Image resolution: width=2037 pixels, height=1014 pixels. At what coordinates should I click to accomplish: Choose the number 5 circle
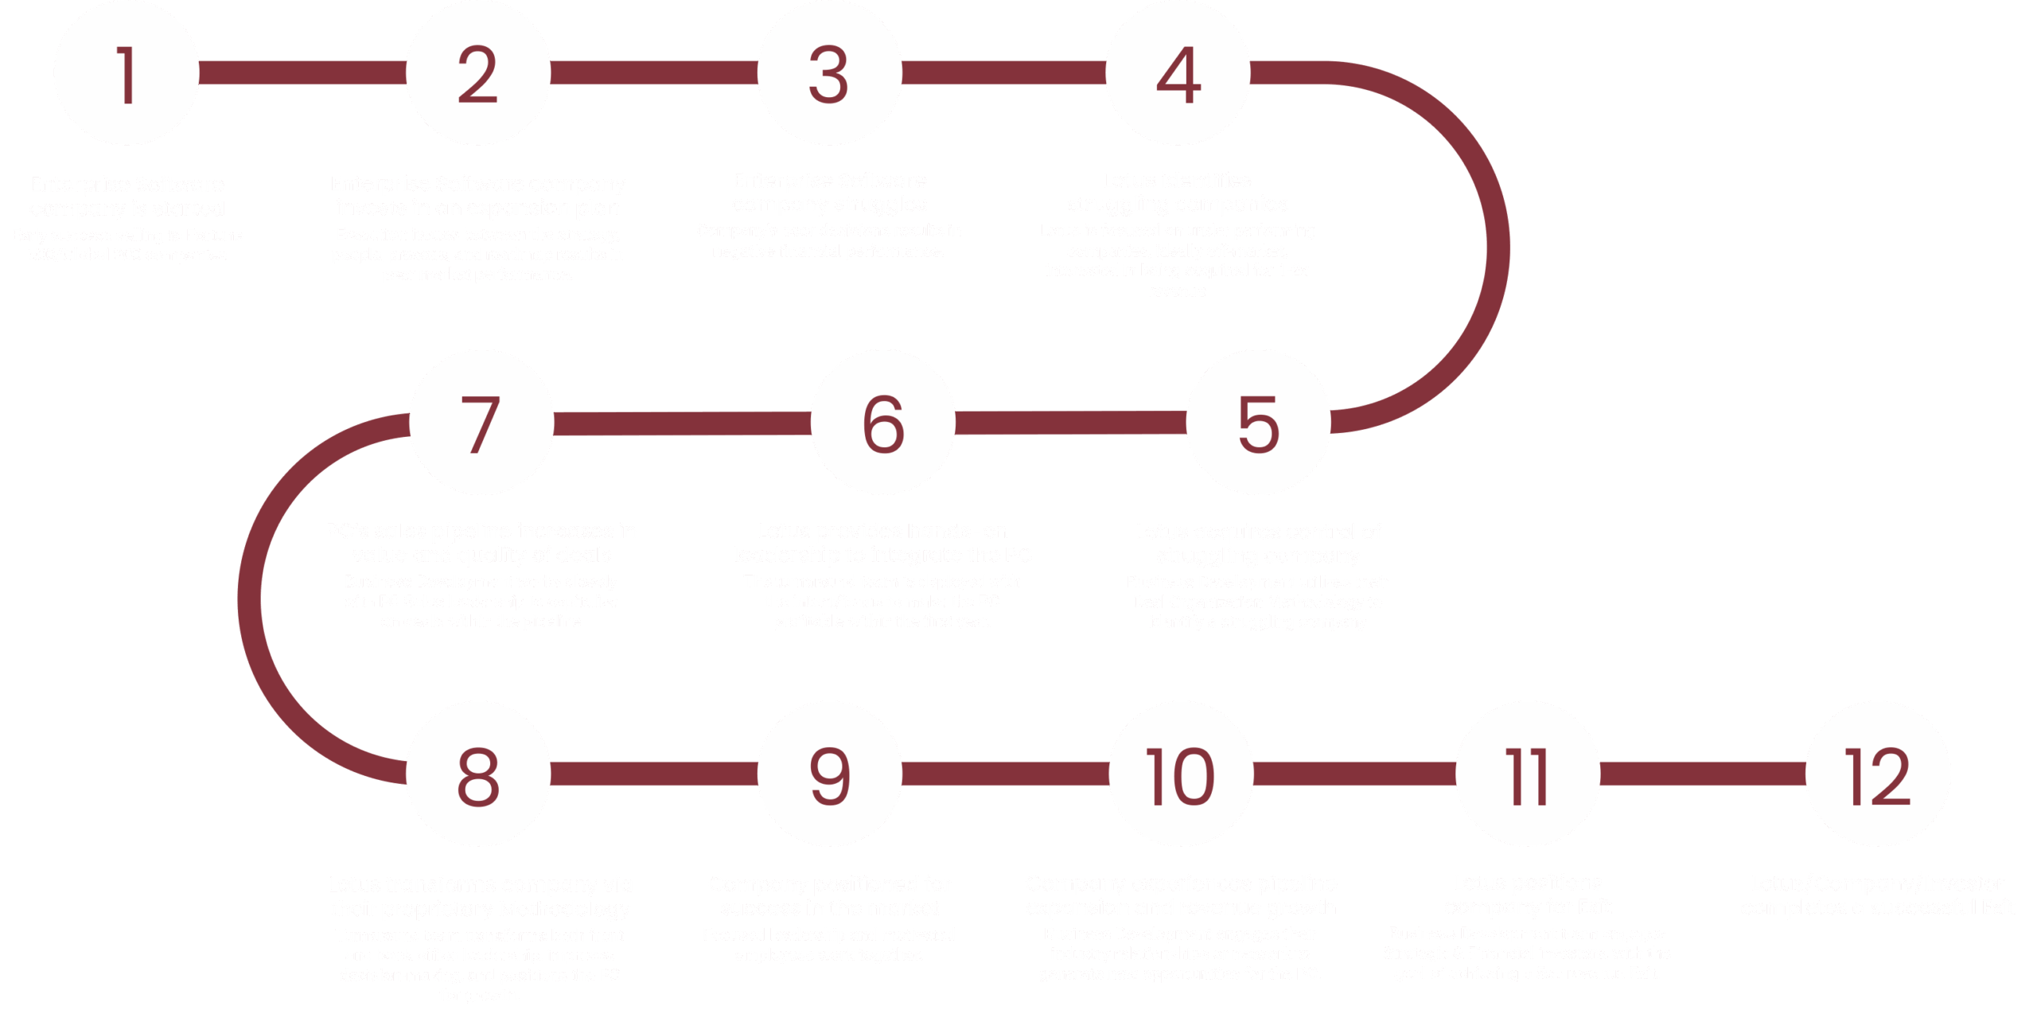(x=1259, y=423)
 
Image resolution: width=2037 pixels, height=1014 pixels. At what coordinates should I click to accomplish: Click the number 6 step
(x=883, y=423)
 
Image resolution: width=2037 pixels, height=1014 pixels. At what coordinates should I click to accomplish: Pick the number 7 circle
(x=481, y=423)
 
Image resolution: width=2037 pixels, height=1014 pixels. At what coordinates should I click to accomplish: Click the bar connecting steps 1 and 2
(x=302, y=73)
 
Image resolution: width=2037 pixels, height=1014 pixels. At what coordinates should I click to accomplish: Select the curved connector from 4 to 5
(x=1496, y=247)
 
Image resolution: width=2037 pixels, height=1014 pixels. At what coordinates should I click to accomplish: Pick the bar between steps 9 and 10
(x=1006, y=774)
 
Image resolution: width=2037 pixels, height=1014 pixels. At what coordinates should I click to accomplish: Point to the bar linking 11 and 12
(x=1703, y=774)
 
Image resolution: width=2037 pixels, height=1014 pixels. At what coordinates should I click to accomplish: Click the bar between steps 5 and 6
(x=1071, y=423)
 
